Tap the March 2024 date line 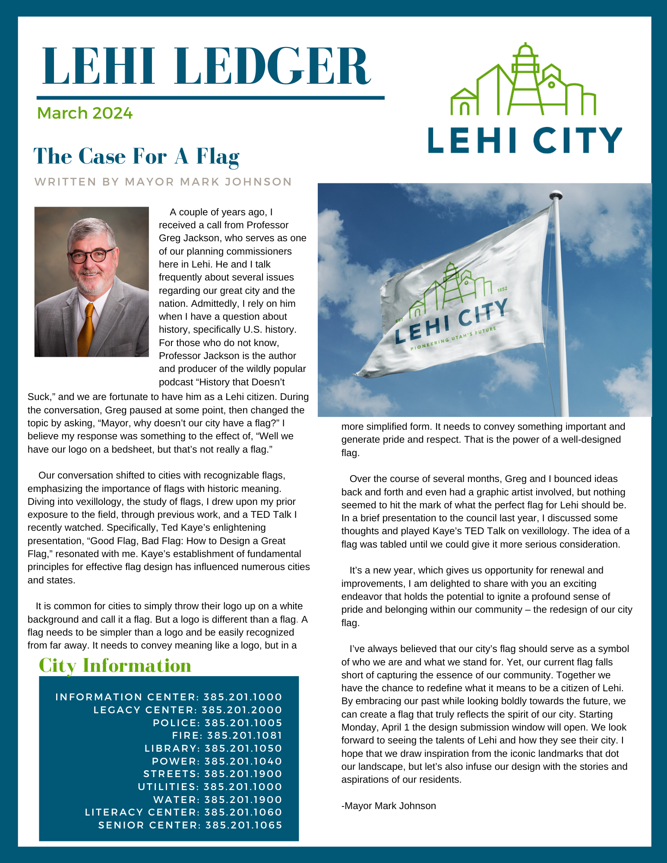coord(85,113)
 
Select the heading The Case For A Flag coord(136,156)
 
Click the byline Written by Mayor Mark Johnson coord(163,182)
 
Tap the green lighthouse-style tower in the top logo coord(525,78)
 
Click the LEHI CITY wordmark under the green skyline coord(525,140)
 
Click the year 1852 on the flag coord(502,290)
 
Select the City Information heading coord(115,665)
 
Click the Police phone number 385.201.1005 coord(243,723)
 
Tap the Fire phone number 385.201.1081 coord(245,735)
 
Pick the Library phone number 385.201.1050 coord(243,748)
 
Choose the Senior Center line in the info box coord(190,825)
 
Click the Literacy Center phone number coord(243,812)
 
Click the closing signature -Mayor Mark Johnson coord(389,806)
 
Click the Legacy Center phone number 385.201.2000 coord(242,710)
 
